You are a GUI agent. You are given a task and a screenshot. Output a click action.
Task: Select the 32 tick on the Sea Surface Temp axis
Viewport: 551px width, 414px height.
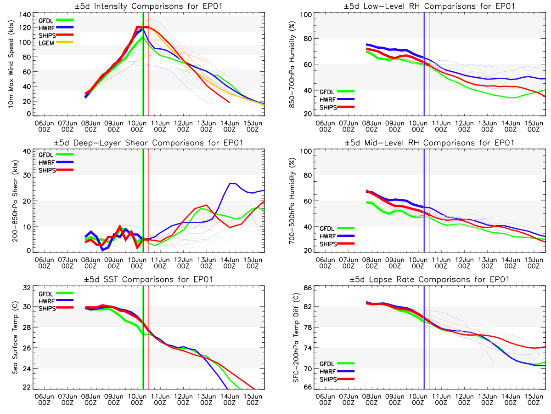point(27,287)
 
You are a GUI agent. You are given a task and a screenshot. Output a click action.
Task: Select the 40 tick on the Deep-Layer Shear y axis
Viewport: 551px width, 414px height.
point(27,151)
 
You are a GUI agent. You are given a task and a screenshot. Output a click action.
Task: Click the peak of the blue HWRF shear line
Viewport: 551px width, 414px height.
point(232,184)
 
